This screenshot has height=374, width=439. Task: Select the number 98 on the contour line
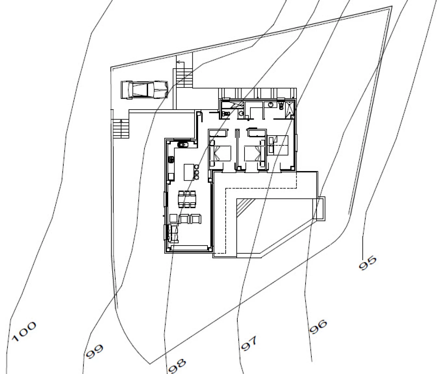177,366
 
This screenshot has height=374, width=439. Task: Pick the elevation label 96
318,327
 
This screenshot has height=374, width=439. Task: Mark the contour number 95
367,263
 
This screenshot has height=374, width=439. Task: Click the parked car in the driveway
144,90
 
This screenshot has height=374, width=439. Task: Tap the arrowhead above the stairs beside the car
178,62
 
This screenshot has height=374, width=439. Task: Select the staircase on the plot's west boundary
120,129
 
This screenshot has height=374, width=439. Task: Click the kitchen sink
183,145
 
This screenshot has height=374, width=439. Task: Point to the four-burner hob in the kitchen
171,159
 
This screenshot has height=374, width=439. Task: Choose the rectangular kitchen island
189,172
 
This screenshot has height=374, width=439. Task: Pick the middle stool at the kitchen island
197,172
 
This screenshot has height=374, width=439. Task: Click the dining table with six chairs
187,199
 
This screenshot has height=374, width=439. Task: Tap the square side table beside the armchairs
173,218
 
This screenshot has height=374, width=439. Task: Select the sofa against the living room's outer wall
173,234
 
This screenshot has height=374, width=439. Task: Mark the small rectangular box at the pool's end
319,209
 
